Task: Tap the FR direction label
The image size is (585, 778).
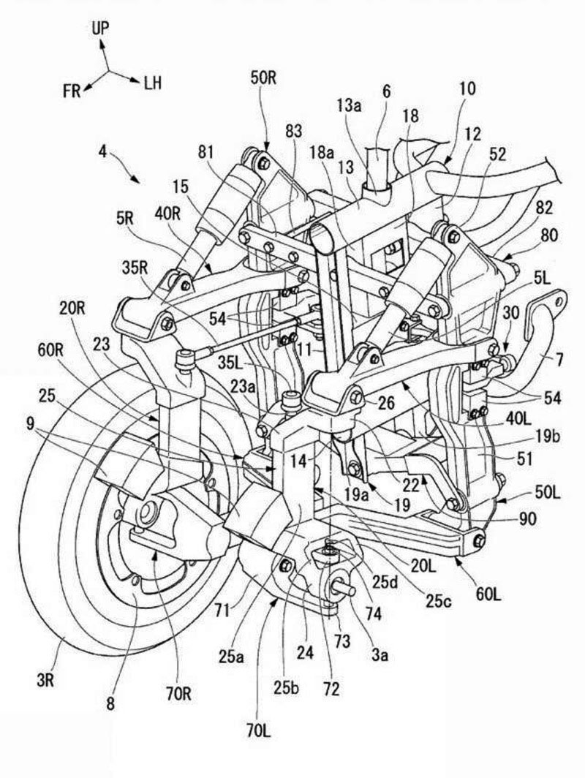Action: pyautogui.click(x=72, y=90)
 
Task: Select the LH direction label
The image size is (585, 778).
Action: pyautogui.click(x=152, y=84)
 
